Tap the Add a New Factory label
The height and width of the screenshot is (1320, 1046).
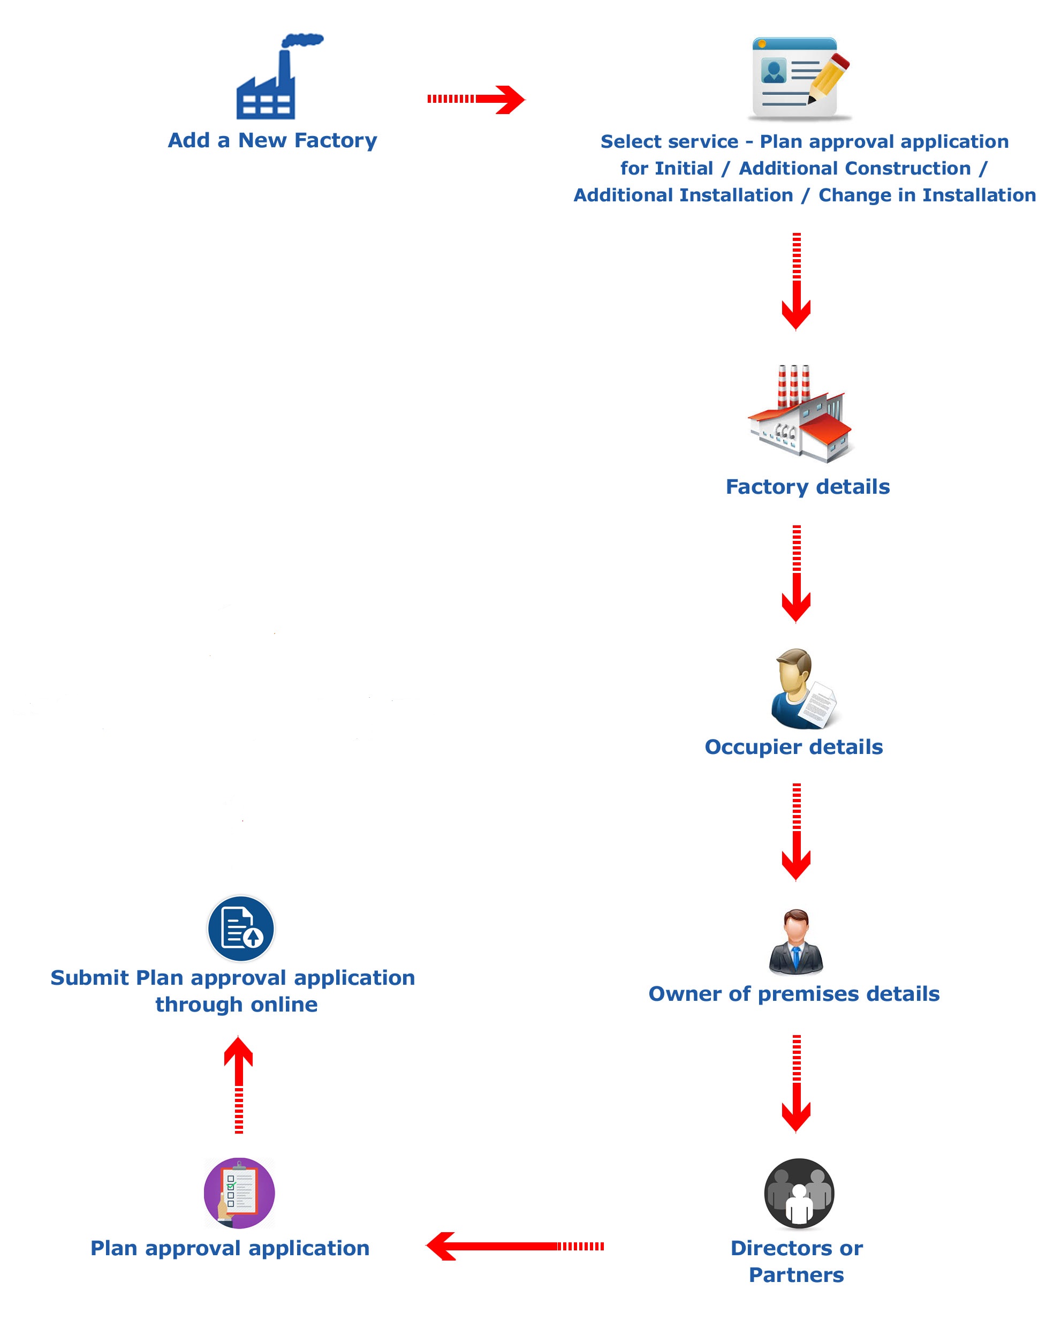[272, 140]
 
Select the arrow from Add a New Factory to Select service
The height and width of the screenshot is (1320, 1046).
[475, 99]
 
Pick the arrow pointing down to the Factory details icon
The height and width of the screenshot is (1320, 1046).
[797, 282]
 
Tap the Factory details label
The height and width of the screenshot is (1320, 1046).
[808, 487]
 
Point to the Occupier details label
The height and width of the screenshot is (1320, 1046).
[794, 747]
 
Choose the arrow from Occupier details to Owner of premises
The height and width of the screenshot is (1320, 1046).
[797, 832]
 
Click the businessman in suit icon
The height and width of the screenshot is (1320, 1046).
[795, 941]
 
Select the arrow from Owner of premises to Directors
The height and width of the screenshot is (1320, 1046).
[797, 1084]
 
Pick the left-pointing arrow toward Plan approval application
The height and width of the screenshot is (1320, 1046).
[515, 1246]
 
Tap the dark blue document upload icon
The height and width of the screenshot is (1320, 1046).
[241, 929]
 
